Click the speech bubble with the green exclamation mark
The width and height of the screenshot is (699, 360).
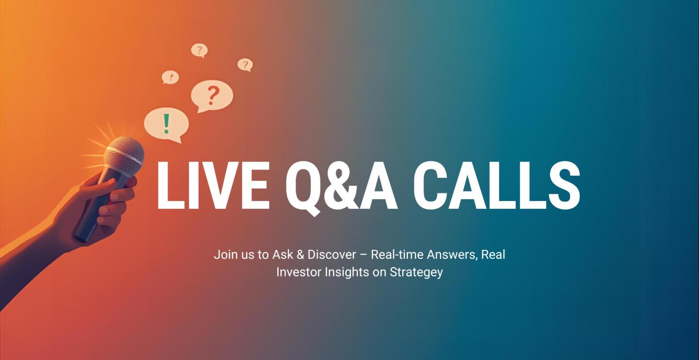click(x=166, y=124)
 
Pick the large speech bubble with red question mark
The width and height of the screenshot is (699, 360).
click(x=212, y=96)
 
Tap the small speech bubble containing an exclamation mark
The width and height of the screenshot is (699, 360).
click(x=170, y=77)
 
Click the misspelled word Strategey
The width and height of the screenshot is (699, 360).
click(x=416, y=272)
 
